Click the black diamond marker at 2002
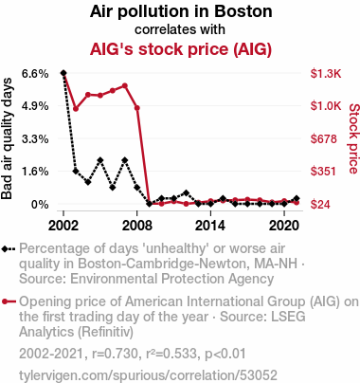(63, 73)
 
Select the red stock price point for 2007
(125, 85)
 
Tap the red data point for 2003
(76, 109)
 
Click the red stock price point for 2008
(137, 108)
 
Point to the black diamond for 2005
(100, 160)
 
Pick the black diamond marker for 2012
(186, 192)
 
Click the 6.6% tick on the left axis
(35, 74)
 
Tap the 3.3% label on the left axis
(35, 138)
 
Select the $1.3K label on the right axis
(326, 74)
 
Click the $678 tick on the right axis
(324, 138)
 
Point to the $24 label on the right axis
(320, 205)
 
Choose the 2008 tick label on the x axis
(137, 226)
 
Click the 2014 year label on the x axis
(210, 226)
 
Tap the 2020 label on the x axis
(284, 226)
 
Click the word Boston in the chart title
(243, 11)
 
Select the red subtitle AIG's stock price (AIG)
(181, 49)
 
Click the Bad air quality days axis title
(7, 138)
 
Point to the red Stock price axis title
(353, 138)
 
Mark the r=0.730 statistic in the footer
(116, 354)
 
